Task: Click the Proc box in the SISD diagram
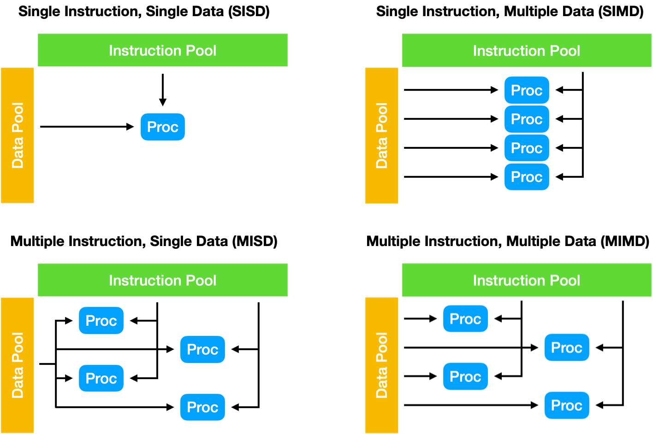tap(163, 127)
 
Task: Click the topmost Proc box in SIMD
tap(527, 90)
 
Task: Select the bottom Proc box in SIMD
tap(527, 177)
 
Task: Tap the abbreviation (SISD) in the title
tap(249, 12)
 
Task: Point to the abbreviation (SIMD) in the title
tap(621, 12)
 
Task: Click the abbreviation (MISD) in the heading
tap(255, 241)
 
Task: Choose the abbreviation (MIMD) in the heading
tap(625, 241)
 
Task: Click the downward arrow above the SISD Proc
tap(163, 90)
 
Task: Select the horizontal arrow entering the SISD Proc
tap(87, 127)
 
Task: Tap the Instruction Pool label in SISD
tap(163, 50)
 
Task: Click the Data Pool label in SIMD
tap(381, 135)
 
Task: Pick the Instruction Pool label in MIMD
tap(527, 280)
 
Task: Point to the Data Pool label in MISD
tap(18, 365)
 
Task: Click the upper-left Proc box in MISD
tap(101, 320)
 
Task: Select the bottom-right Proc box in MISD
tap(202, 407)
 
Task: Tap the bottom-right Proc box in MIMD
tap(567, 405)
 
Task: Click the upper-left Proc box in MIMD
tap(466, 319)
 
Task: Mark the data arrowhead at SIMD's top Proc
tap(494, 90)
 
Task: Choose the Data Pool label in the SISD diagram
tap(18, 135)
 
